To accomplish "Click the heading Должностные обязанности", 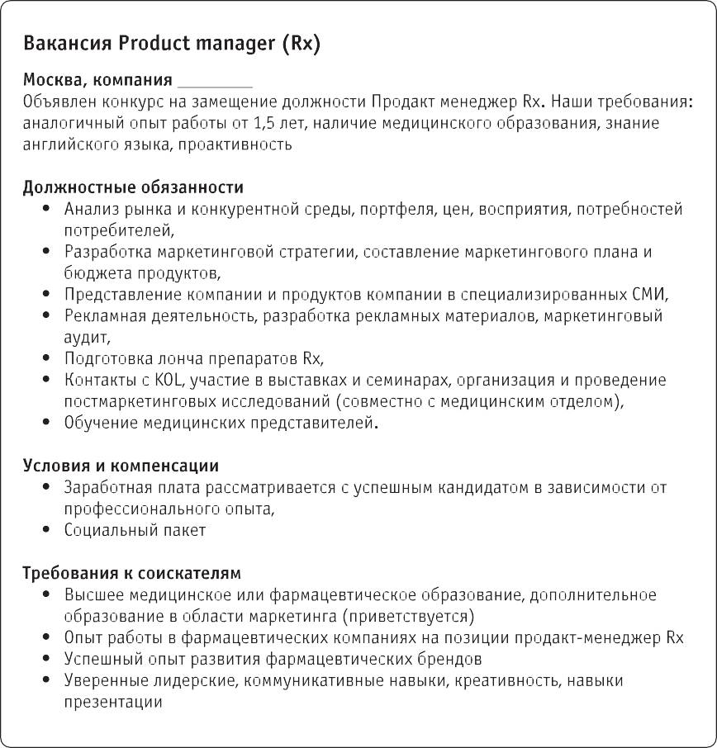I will click(133, 187).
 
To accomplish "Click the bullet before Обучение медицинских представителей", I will click(45, 423).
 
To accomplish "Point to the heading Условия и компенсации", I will click(121, 466).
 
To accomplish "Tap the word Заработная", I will click(105, 488).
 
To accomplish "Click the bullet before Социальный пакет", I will click(45, 531).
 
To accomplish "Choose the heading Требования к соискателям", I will click(131, 573).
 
